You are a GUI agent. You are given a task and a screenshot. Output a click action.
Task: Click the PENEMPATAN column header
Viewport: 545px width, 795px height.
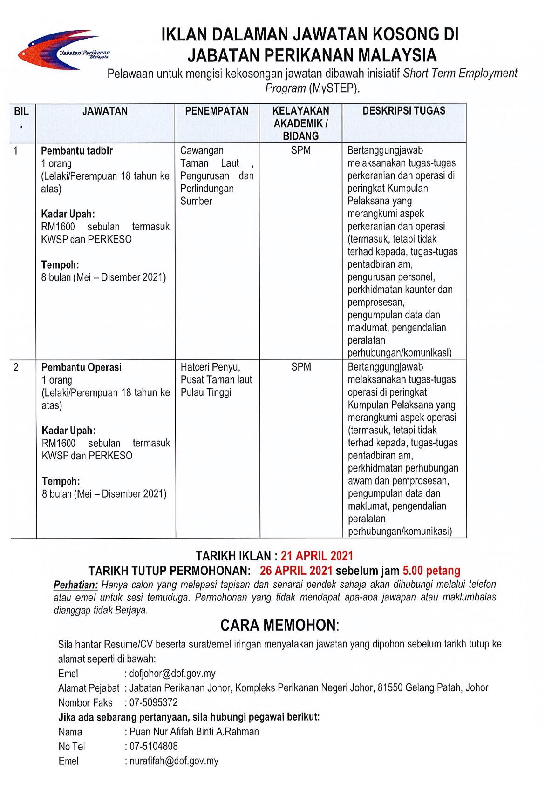click(x=217, y=111)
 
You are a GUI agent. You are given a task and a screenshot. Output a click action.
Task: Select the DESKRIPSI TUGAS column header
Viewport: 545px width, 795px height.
click(x=404, y=111)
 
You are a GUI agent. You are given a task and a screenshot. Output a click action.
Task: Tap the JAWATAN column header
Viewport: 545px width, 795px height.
click(x=105, y=111)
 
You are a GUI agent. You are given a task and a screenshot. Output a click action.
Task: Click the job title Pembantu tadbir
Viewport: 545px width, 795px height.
click(x=77, y=151)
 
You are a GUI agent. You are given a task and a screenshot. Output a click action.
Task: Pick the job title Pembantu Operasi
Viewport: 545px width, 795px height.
click(x=82, y=367)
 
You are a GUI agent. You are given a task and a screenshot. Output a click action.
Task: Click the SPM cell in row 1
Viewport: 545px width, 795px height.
click(x=301, y=150)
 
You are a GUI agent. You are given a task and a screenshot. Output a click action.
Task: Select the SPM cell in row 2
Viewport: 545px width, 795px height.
click(x=301, y=367)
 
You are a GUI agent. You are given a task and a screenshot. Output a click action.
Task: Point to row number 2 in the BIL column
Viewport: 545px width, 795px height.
click(x=16, y=367)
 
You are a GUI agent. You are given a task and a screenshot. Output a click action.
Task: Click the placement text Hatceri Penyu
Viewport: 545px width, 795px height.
click(x=210, y=367)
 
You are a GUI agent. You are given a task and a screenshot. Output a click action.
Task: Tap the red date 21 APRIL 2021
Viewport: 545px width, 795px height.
click(x=317, y=556)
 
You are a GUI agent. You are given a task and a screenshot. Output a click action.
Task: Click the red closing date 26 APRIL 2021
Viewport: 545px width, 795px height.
click(x=296, y=571)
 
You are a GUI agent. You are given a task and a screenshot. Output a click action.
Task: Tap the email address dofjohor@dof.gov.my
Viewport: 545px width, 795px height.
click(x=172, y=674)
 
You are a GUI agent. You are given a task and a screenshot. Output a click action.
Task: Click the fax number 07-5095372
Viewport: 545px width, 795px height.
click(x=154, y=702)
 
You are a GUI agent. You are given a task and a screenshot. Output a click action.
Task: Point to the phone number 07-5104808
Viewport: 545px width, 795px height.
click(x=154, y=746)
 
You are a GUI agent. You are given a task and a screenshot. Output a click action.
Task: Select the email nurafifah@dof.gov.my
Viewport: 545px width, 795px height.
click(x=174, y=761)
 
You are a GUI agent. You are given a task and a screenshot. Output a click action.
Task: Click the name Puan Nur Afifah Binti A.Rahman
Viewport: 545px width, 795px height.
click(x=194, y=732)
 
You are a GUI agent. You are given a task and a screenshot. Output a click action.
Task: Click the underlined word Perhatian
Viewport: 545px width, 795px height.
click(x=76, y=585)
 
